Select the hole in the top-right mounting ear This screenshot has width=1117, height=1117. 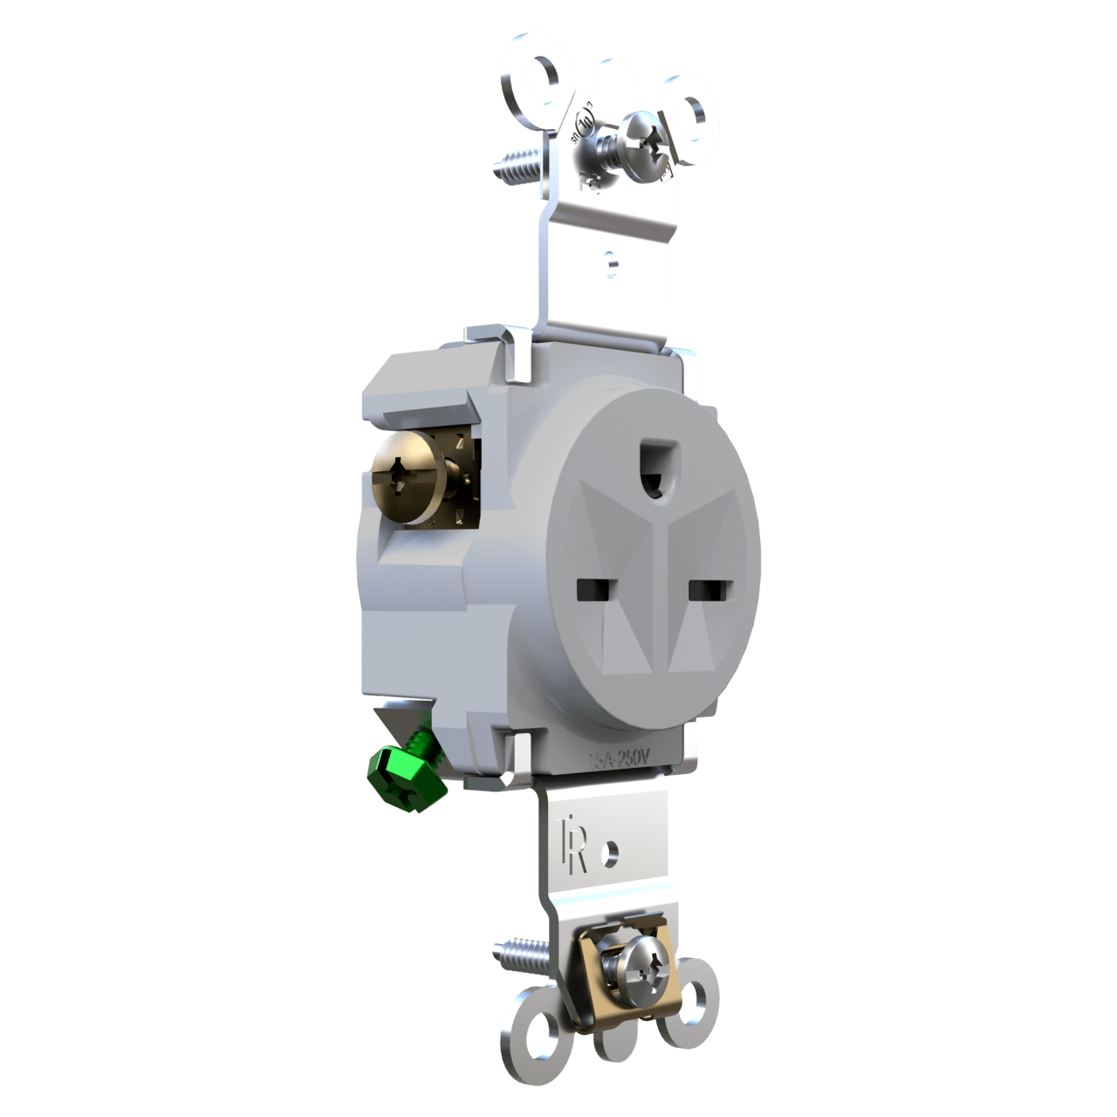[695, 109]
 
